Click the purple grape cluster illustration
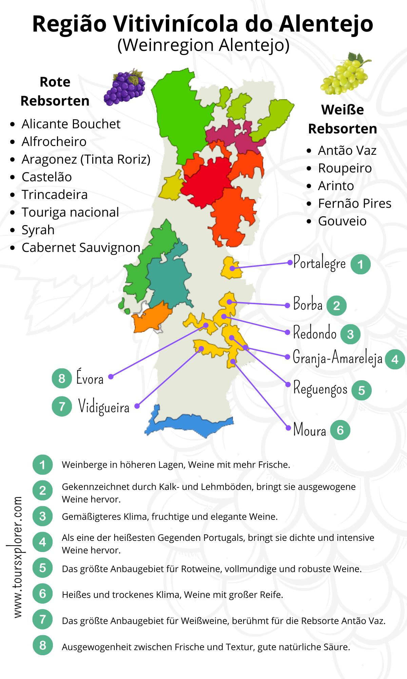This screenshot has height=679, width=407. (x=125, y=88)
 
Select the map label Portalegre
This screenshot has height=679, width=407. (x=319, y=263)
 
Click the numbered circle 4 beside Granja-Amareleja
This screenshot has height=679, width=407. (x=395, y=359)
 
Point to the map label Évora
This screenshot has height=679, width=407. (x=90, y=378)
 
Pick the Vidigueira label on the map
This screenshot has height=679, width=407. (x=104, y=406)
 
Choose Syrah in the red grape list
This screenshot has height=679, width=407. (x=38, y=230)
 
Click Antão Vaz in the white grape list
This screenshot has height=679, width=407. (x=347, y=150)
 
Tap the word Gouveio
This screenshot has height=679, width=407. (x=342, y=221)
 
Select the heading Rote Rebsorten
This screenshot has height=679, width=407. (x=55, y=91)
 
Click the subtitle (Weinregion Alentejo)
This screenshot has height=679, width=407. (x=203, y=45)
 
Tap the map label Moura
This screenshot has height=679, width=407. (x=309, y=430)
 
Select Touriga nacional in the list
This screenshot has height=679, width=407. (x=70, y=212)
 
